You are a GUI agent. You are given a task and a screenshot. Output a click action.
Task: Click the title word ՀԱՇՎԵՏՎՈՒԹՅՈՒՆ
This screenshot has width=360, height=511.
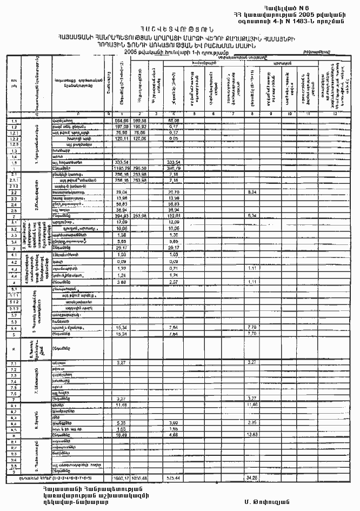179,29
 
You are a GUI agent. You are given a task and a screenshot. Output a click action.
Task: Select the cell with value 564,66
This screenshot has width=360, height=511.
121,121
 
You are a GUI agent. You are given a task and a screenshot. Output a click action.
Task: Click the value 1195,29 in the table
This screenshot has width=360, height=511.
121,168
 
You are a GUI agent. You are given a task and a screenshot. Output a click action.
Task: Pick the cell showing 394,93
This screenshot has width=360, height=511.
121,215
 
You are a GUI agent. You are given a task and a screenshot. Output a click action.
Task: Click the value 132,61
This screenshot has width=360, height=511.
174,215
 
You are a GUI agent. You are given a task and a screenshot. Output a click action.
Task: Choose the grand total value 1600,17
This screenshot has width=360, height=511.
121,478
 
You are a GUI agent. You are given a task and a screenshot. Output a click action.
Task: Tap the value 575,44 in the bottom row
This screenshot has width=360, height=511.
174,478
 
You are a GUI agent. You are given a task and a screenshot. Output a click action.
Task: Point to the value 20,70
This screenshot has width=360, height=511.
174,192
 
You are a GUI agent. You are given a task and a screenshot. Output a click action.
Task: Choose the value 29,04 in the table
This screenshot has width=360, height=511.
121,192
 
